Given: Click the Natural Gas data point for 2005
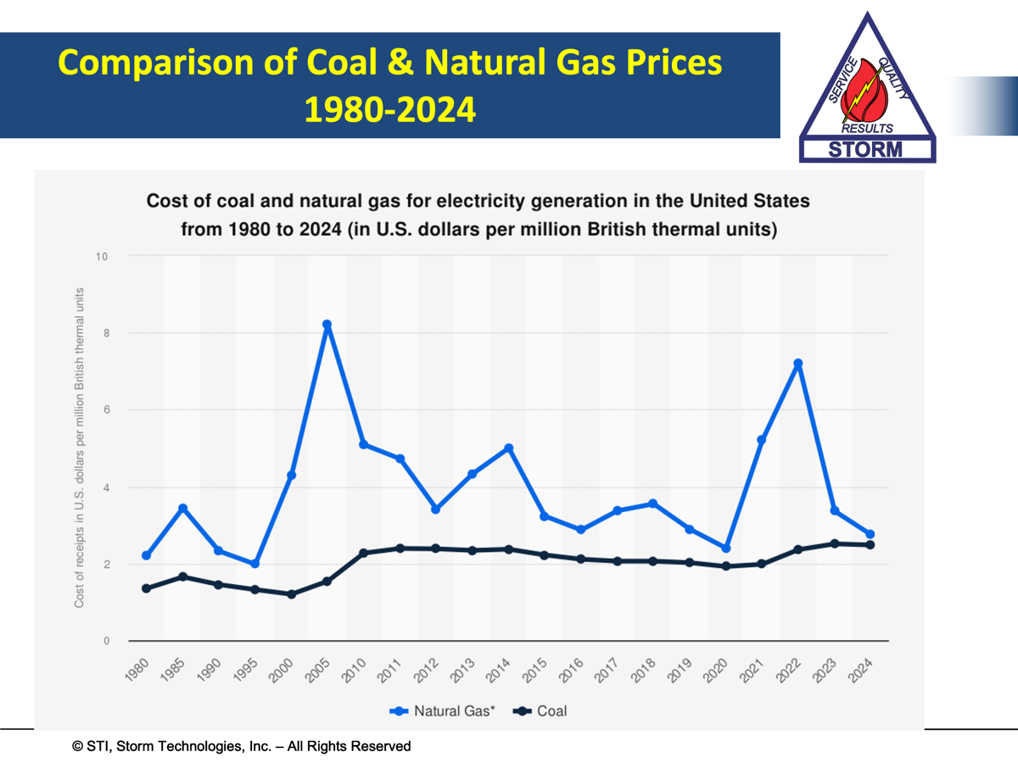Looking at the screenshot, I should [x=327, y=325].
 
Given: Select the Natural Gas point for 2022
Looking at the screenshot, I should [x=797, y=364].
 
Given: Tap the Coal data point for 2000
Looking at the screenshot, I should [x=291, y=594].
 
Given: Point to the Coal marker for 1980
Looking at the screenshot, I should [x=146, y=588].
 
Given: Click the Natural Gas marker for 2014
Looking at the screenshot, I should [x=508, y=448].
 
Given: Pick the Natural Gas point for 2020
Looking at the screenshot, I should [x=725, y=549].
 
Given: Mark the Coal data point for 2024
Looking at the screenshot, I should [x=870, y=545].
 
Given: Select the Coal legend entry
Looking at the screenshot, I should [x=540, y=710].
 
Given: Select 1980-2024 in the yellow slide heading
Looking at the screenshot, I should [x=390, y=109].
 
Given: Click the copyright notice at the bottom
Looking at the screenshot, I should [x=242, y=746].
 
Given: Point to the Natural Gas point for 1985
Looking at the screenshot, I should [x=182, y=509].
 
